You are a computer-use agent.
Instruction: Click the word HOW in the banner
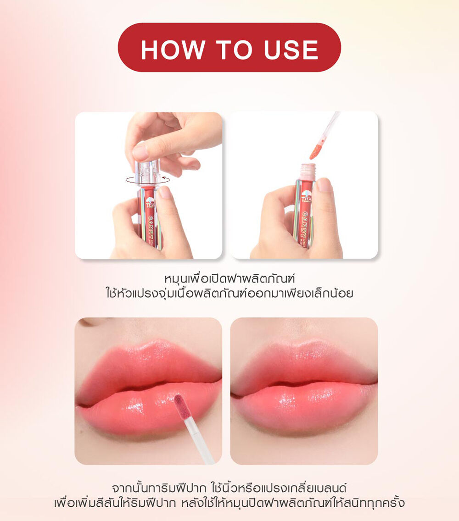tap(172, 50)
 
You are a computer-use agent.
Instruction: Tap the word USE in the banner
tap(291, 50)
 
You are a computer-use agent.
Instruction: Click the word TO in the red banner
tap(234, 50)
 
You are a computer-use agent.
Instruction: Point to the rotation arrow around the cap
tap(148, 182)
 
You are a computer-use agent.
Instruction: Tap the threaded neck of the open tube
tap(308, 171)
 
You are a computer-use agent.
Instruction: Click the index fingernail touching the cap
tap(140, 153)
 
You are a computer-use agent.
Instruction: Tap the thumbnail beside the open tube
tap(324, 185)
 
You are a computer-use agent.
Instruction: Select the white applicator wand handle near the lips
tap(199, 440)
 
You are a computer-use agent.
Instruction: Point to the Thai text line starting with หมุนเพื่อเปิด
tap(230, 278)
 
